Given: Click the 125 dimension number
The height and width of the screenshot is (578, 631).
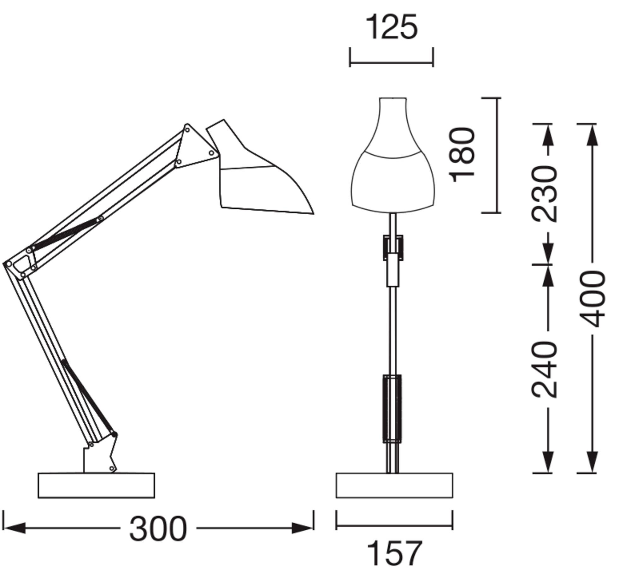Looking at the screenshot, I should pos(392,28).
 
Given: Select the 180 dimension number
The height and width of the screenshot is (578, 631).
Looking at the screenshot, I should pos(462,155).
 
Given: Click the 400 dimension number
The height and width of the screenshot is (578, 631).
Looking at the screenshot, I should pos(593,298).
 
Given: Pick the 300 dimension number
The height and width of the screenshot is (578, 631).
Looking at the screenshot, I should pos(158,529).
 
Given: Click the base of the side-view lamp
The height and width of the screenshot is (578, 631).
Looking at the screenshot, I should pos(96,486).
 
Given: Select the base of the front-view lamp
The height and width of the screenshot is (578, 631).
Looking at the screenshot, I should pos(394,486).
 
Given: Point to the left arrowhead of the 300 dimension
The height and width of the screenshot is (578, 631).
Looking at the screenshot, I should pos(14,528).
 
